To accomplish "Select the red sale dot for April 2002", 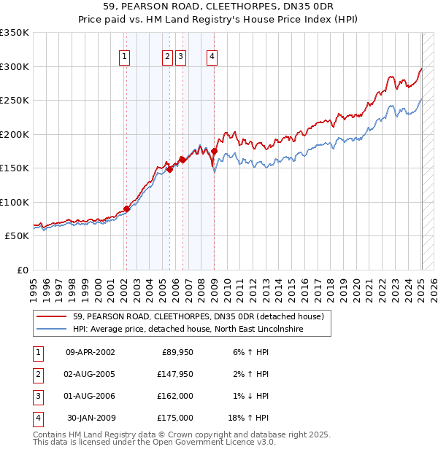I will [x=126, y=209].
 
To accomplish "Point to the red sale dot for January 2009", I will [x=215, y=151].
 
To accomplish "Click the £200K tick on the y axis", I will [x=17, y=134].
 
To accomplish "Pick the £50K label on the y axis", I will [x=20, y=236].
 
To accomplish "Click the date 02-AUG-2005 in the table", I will [x=90, y=374].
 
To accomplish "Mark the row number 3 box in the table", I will [x=37, y=396].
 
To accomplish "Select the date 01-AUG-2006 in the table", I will [x=90, y=396].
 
